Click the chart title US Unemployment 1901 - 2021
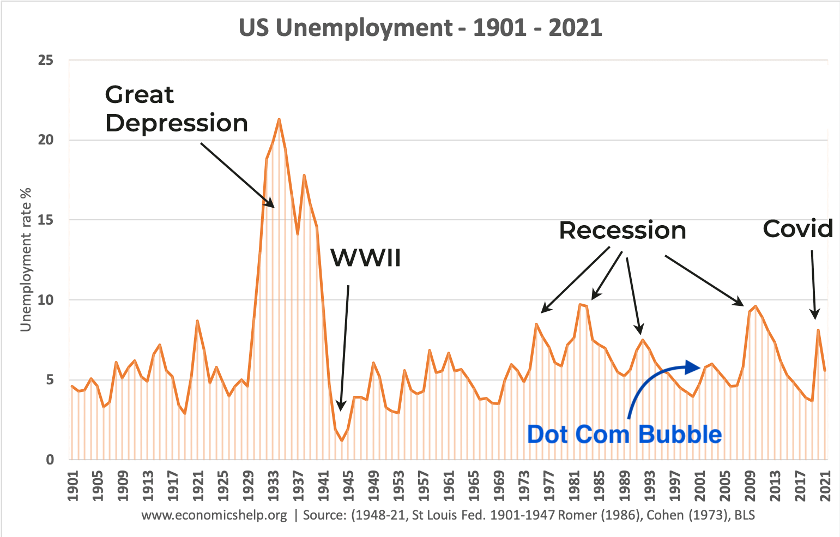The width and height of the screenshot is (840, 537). (x=420, y=28)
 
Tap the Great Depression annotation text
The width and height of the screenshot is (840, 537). (x=176, y=109)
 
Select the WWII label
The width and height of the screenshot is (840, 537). (x=366, y=257)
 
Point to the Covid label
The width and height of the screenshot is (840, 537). (x=798, y=229)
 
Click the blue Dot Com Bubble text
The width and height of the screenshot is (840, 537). (x=624, y=435)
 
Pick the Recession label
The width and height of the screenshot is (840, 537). (x=622, y=231)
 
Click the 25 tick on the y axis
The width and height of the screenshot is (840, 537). (x=46, y=60)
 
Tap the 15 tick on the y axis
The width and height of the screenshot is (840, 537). (x=46, y=220)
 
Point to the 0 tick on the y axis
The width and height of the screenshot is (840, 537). (x=50, y=460)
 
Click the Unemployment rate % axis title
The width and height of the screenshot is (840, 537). (x=26, y=260)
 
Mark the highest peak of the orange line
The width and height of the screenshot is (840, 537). (x=279, y=119)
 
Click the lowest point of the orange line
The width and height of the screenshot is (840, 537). (x=342, y=441)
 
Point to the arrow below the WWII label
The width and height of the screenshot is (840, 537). (x=345, y=349)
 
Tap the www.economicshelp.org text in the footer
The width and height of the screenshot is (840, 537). (x=214, y=515)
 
